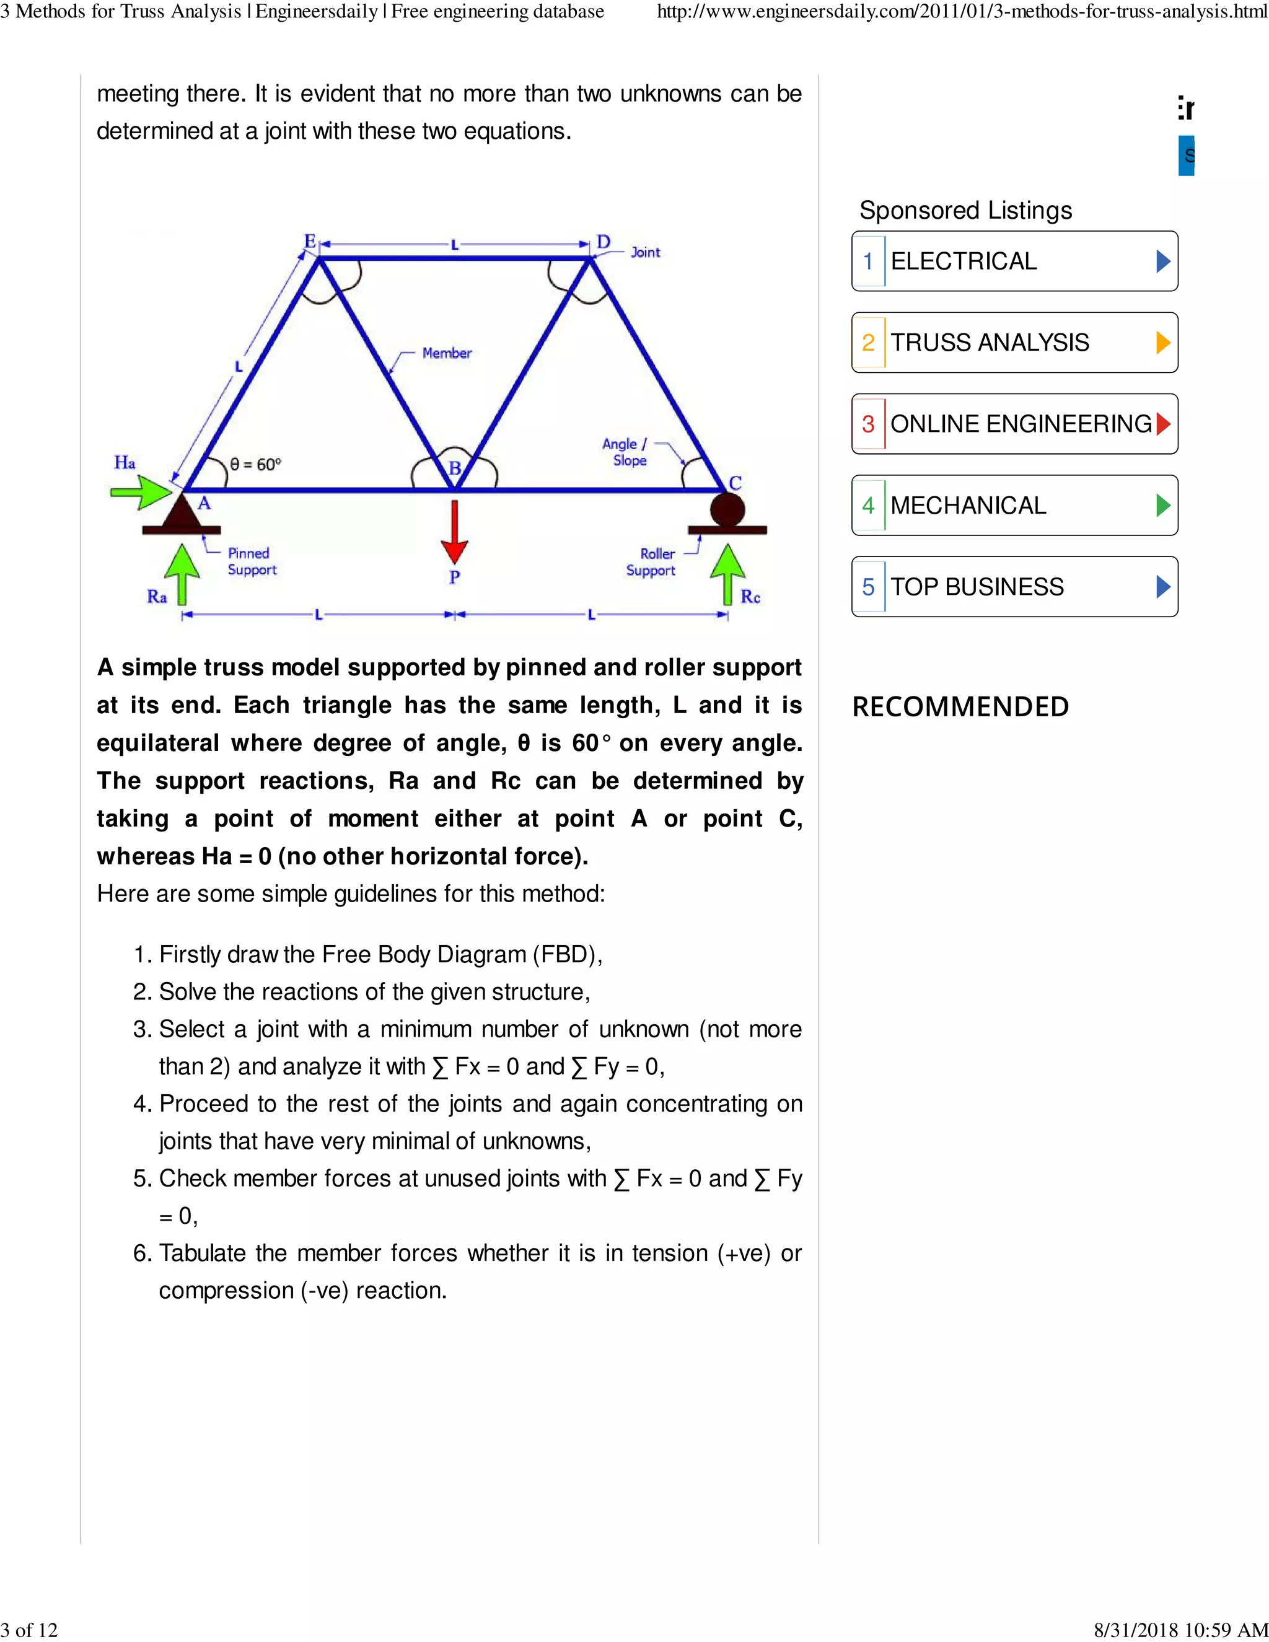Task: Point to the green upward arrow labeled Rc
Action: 727,574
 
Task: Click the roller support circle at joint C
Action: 727,509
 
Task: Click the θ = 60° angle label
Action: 256,465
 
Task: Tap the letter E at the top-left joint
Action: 310,241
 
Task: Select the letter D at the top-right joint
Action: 603,242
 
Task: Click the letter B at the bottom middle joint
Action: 455,468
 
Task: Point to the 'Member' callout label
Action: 447,353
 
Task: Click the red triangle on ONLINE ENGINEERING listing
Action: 1163,424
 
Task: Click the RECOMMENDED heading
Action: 960,707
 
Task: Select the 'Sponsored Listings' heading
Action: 965,211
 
